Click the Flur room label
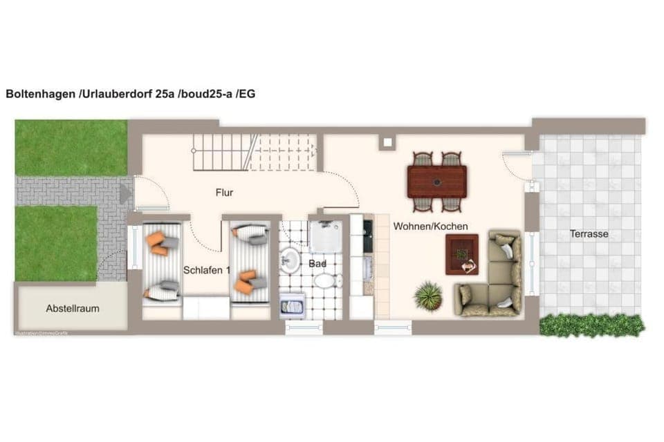click(224, 193)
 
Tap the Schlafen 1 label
click(207, 270)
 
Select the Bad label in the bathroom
click(317, 264)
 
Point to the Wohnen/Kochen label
click(431, 226)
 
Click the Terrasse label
click(589, 233)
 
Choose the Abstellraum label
click(73, 308)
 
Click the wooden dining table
click(436, 181)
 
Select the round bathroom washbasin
click(290, 260)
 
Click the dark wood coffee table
click(461, 253)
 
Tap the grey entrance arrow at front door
click(125, 193)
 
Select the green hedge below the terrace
click(591, 325)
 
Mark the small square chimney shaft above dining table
click(386, 143)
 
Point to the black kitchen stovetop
click(367, 236)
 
